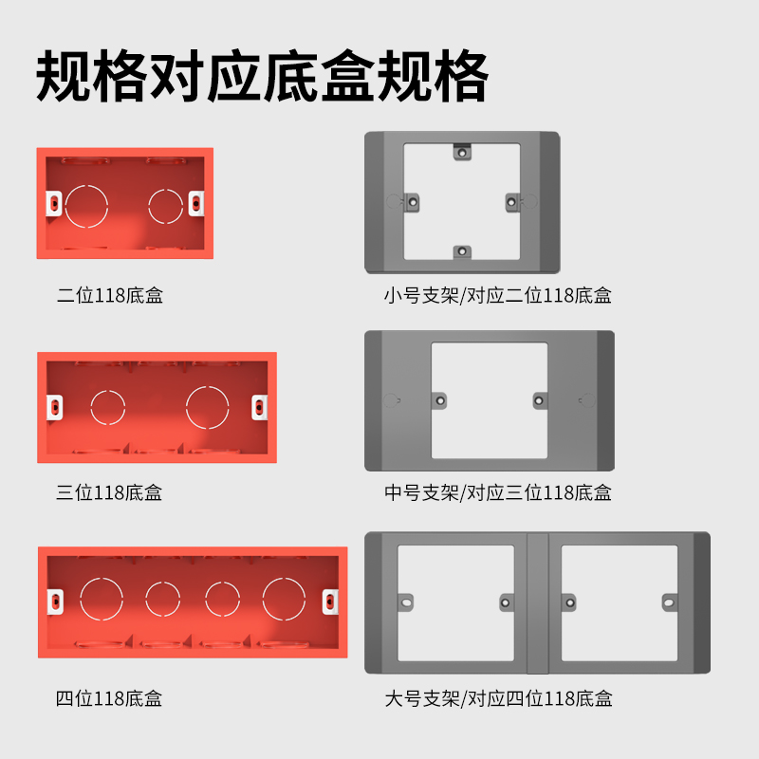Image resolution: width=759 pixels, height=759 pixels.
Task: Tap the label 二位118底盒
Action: click(x=110, y=295)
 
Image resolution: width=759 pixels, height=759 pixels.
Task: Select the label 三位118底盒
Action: click(x=110, y=492)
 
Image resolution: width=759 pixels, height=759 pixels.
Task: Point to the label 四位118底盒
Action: click(x=110, y=699)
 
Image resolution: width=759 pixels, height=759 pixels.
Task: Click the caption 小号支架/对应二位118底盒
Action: click(x=498, y=295)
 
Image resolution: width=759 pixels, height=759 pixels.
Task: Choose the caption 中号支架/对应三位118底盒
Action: click(x=498, y=492)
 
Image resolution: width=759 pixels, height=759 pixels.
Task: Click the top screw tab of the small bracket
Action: click(x=461, y=151)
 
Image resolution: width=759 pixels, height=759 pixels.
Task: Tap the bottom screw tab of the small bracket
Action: click(x=461, y=251)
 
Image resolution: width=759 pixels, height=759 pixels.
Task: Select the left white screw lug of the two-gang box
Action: click(x=53, y=202)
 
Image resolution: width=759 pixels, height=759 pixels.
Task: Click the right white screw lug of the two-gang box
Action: click(x=196, y=202)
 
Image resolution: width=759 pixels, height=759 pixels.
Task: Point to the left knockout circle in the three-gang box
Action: click(x=107, y=407)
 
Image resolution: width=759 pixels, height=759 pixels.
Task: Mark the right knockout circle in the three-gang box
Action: click(x=208, y=407)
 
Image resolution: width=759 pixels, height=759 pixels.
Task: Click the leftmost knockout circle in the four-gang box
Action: click(x=101, y=598)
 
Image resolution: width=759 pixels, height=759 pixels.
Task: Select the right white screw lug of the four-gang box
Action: click(x=329, y=600)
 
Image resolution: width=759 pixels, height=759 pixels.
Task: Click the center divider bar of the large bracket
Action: click(x=538, y=602)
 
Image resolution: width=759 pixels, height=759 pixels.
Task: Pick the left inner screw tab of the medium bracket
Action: click(x=440, y=400)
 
